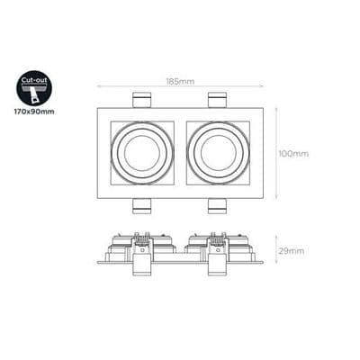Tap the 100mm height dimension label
point(293,154)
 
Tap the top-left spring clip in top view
point(142,99)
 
